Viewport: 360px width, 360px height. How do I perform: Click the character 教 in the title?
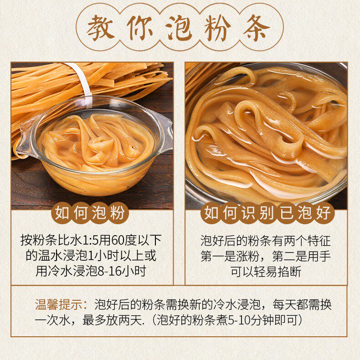point(102,27)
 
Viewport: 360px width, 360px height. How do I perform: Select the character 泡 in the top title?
point(180,27)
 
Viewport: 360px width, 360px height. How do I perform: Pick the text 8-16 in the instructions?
point(112,271)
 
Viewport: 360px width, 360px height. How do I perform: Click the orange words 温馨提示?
point(61,304)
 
